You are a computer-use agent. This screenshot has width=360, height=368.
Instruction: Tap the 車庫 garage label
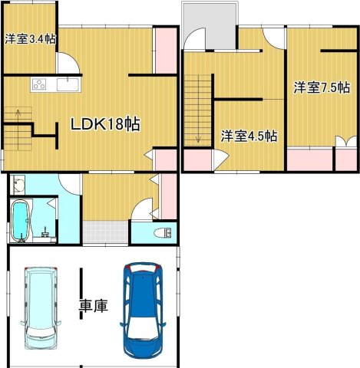(94, 306)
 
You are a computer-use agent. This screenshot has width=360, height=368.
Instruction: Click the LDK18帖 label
(105, 123)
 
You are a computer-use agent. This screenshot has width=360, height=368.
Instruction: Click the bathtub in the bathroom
(21, 222)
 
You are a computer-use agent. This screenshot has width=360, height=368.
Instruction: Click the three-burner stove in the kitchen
(39, 83)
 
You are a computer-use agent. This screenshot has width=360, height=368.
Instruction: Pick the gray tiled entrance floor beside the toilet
(104, 231)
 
